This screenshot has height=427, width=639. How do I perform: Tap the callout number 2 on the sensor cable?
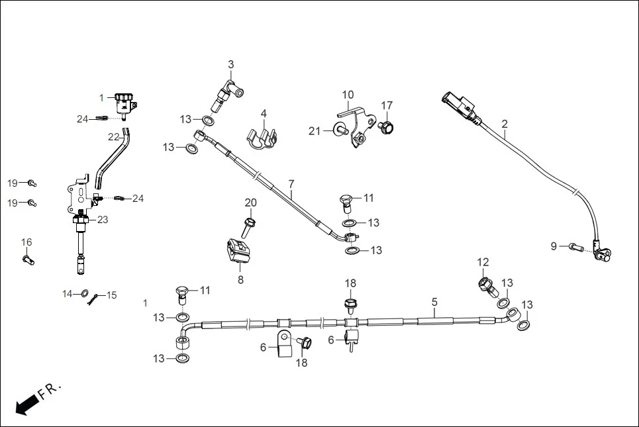point(505,124)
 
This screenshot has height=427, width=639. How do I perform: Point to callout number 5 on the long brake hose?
point(434,302)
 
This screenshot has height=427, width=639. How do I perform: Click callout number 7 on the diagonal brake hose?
point(291,182)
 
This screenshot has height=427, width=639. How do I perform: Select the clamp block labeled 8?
point(240,255)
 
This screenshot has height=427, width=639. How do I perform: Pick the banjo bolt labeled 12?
point(485,285)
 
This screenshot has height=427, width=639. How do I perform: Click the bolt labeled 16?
point(26,260)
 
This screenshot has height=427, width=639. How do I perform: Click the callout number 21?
point(315,131)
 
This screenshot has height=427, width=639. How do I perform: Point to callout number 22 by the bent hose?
point(113,137)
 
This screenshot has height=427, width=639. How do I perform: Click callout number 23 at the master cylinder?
point(103,220)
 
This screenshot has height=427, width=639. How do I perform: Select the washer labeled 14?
point(85,293)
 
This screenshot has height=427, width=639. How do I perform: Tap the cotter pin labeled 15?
point(97,296)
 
